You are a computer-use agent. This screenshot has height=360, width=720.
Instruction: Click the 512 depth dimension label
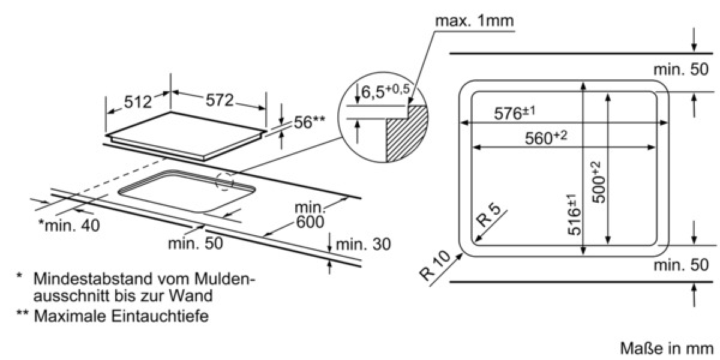(x=137, y=102)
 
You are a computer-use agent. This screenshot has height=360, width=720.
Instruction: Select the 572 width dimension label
(x=220, y=100)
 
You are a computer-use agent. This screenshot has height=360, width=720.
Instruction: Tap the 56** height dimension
(x=309, y=122)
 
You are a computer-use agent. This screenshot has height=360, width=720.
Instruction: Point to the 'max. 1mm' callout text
(x=475, y=21)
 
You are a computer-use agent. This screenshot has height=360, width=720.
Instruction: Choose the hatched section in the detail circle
(x=407, y=133)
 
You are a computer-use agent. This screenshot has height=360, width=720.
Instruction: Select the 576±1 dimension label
(x=515, y=113)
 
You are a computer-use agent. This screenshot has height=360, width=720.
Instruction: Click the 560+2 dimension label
(x=546, y=137)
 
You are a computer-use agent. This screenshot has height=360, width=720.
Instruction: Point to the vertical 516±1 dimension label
(x=574, y=214)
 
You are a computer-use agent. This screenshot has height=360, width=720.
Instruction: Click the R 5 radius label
(x=488, y=215)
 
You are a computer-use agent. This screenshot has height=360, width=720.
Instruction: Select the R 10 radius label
(x=435, y=266)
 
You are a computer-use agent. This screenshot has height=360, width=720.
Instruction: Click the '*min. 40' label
(x=69, y=226)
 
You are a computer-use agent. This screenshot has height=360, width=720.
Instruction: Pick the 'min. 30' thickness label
(x=363, y=244)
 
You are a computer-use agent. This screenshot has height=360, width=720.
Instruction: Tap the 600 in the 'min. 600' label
(x=310, y=222)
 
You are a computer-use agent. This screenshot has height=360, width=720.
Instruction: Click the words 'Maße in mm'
(x=667, y=349)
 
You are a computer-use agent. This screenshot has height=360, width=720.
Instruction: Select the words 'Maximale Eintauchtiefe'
(x=121, y=316)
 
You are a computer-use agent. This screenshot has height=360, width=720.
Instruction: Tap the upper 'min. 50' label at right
(x=681, y=69)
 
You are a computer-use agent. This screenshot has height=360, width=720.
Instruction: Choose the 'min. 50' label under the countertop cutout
(x=195, y=243)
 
